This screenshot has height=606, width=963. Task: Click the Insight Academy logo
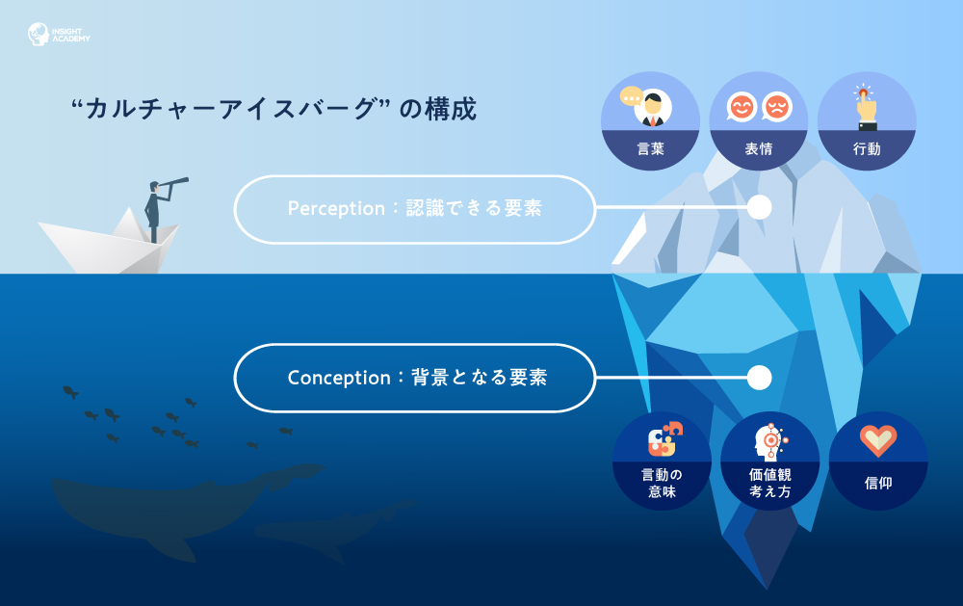(59, 35)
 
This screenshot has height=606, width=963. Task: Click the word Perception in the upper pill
(336, 209)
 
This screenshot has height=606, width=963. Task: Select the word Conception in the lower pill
(338, 378)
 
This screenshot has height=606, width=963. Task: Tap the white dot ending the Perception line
(759, 208)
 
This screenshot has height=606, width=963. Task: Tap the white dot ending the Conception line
(759, 378)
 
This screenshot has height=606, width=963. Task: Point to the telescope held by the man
(172, 184)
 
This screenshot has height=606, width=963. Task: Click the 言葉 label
(650, 148)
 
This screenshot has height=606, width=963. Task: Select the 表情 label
(759, 148)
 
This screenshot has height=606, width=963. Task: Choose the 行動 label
(867, 148)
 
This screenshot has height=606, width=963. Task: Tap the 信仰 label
(878, 483)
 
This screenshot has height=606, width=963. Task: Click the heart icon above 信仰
(878, 440)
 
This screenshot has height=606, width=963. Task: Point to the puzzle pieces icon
(664, 438)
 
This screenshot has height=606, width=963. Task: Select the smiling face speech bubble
(742, 108)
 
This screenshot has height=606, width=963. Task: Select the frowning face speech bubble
(777, 108)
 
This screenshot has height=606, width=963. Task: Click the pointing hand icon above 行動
(866, 107)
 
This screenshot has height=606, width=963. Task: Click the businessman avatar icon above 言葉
(652, 108)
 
